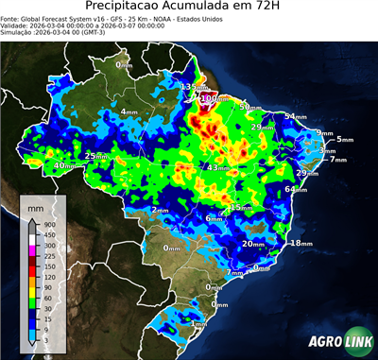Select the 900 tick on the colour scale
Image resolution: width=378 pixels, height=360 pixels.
click(x=47, y=223)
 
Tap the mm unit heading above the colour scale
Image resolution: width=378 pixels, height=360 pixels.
click(x=35, y=205)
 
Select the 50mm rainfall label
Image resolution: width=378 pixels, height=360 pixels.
click(x=249, y=107)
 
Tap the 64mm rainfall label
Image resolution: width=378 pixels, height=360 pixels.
click(x=296, y=190)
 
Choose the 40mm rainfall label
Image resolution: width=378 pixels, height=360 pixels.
click(x=64, y=166)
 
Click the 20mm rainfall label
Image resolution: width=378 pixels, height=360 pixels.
click(x=252, y=244)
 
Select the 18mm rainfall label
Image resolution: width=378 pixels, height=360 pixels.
click(x=301, y=244)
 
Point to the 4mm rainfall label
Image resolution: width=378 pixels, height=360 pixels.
click(x=129, y=111)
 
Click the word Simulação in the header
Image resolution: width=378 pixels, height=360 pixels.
click(x=16, y=33)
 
